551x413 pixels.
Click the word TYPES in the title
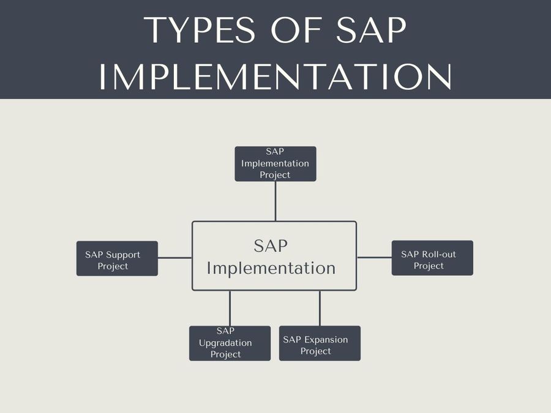200,30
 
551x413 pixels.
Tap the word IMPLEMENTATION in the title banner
275,76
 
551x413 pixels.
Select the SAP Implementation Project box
275,163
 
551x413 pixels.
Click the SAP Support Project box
117,258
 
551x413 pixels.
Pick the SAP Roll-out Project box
432,258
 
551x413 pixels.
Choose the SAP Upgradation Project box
230,343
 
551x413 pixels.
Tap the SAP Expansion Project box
320,343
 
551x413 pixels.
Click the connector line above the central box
275,201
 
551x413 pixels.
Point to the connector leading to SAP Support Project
175,258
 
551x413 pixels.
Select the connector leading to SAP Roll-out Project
374,258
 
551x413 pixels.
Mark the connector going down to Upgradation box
230,308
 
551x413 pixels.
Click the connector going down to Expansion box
320,308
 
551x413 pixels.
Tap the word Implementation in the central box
271,269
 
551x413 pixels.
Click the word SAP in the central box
271,246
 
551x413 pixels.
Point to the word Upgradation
225,343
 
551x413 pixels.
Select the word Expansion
326,340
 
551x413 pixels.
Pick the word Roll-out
438,255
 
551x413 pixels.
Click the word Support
122,255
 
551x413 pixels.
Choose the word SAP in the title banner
372,30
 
